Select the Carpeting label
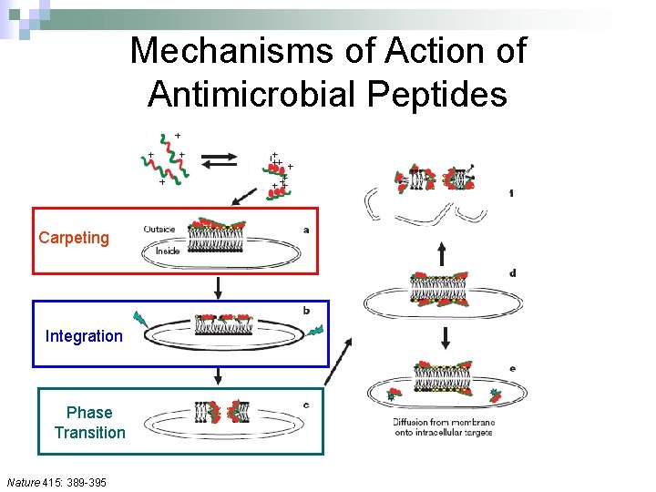(x=74, y=238)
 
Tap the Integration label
(x=84, y=336)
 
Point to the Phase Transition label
(x=89, y=423)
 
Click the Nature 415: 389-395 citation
(x=56, y=481)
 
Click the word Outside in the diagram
(x=161, y=230)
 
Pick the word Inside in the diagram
(x=167, y=250)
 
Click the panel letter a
(x=306, y=230)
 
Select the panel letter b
(x=306, y=311)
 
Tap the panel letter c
(x=306, y=404)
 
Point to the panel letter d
(x=513, y=272)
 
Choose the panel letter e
(x=513, y=368)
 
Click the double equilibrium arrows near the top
(x=219, y=161)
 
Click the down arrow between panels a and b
(x=219, y=287)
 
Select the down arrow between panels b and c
(x=219, y=376)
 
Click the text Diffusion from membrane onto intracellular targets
(x=444, y=427)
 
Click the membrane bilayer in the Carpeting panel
(x=217, y=240)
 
